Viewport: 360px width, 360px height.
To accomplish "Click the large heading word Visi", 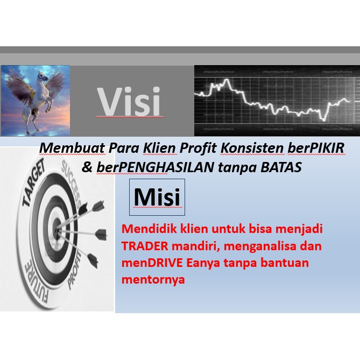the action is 129,101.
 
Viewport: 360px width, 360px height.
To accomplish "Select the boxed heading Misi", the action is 157,197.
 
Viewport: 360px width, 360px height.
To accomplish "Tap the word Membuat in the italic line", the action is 73,148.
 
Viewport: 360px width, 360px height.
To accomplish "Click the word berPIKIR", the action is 316,148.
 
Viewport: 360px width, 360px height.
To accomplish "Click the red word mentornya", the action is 153,280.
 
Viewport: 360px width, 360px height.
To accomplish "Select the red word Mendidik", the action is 149,229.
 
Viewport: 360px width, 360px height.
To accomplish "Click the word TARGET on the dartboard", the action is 34,182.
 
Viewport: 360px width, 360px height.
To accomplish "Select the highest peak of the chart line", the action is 227,80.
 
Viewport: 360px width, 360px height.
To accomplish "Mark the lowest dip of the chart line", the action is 324,120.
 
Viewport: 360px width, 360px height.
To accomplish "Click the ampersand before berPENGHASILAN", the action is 87,167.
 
